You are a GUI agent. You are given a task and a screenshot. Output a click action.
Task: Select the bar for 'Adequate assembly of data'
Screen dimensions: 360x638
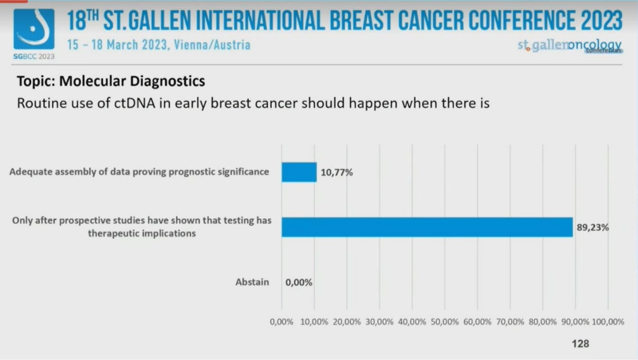(299, 173)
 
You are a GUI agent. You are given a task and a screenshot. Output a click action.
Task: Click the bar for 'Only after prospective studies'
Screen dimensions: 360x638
(427, 227)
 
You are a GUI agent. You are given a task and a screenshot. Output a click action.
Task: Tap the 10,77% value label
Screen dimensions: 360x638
(337, 173)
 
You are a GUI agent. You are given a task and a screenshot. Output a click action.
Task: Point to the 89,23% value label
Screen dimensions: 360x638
(593, 227)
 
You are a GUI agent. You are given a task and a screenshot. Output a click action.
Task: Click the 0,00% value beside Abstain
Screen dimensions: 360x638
(299, 283)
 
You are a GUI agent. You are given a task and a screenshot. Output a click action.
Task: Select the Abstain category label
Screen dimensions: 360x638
(252, 282)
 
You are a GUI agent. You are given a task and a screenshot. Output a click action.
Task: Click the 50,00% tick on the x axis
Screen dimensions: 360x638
(444, 322)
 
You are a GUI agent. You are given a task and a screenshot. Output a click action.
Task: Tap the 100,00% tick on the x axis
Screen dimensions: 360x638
(608, 322)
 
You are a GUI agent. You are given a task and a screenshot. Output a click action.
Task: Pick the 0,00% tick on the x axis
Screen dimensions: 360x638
(281, 322)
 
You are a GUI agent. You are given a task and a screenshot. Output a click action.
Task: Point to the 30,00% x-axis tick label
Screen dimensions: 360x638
(379, 322)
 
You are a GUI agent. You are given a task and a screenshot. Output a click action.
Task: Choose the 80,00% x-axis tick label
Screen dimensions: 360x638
(542, 322)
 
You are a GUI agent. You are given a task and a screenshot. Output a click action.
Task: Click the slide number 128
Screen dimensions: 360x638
(580, 343)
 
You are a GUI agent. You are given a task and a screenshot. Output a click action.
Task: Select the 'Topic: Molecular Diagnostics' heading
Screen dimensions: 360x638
(111, 81)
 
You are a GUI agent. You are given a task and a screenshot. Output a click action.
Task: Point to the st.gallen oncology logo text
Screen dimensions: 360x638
(569, 46)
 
